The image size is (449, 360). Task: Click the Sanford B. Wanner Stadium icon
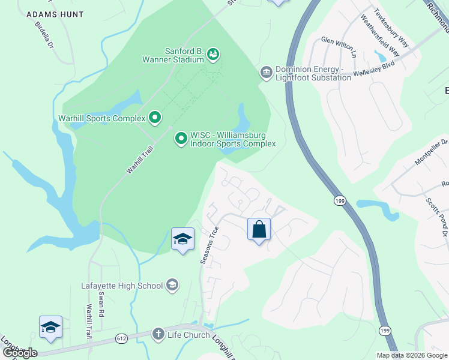[212, 55]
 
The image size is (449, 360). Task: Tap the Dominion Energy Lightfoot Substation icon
[266, 73]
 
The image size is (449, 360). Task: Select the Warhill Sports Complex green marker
[155, 118]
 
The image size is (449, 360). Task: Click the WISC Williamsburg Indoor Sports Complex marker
[181, 139]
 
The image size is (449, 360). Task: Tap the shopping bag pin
[259, 229]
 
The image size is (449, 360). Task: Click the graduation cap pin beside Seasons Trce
[182, 239]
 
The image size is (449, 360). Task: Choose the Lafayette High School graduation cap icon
[172, 285]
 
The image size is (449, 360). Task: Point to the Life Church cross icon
[158, 334]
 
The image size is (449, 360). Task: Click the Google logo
[20, 352]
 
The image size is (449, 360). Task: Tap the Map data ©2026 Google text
[411, 355]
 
